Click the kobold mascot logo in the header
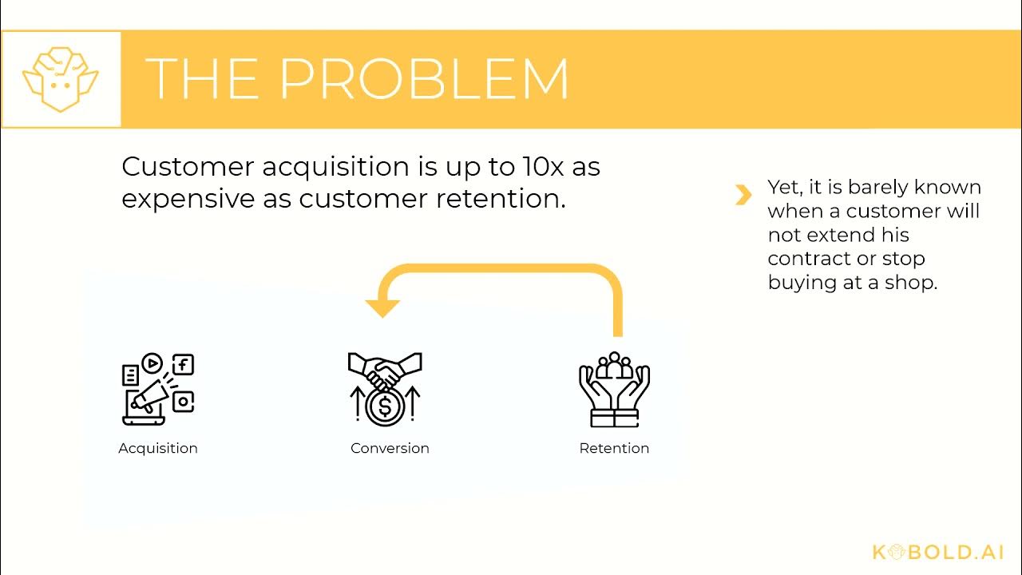(x=61, y=79)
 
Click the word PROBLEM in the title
(x=424, y=79)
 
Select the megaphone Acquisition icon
(x=157, y=389)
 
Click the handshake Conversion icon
(x=385, y=389)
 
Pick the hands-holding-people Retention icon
(x=614, y=389)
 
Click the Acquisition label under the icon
(x=158, y=448)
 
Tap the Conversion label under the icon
(x=390, y=448)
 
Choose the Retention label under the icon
(x=614, y=448)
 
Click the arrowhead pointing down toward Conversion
(x=382, y=307)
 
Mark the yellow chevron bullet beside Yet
(x=743, y=195)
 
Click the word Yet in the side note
(x=785, y=188)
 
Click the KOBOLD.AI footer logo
(x=937, y=552)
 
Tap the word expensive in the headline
(x=188, y=199)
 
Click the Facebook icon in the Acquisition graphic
(x=184, y=365)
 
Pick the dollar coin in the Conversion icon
(x=385, y=406)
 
